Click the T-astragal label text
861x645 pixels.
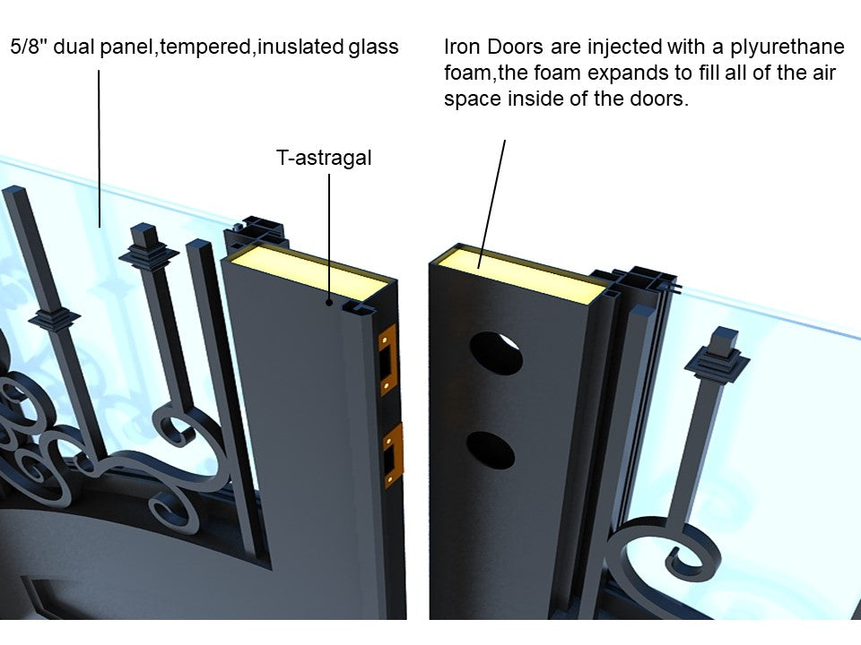(323, 159)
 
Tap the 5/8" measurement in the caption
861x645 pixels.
(29, 47)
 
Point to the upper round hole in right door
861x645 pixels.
(496, 354)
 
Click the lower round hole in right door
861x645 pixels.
(491, 450)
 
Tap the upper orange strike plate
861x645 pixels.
(387, 360)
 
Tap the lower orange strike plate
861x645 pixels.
(393, 455)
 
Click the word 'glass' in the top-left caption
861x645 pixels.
(375, 47)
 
